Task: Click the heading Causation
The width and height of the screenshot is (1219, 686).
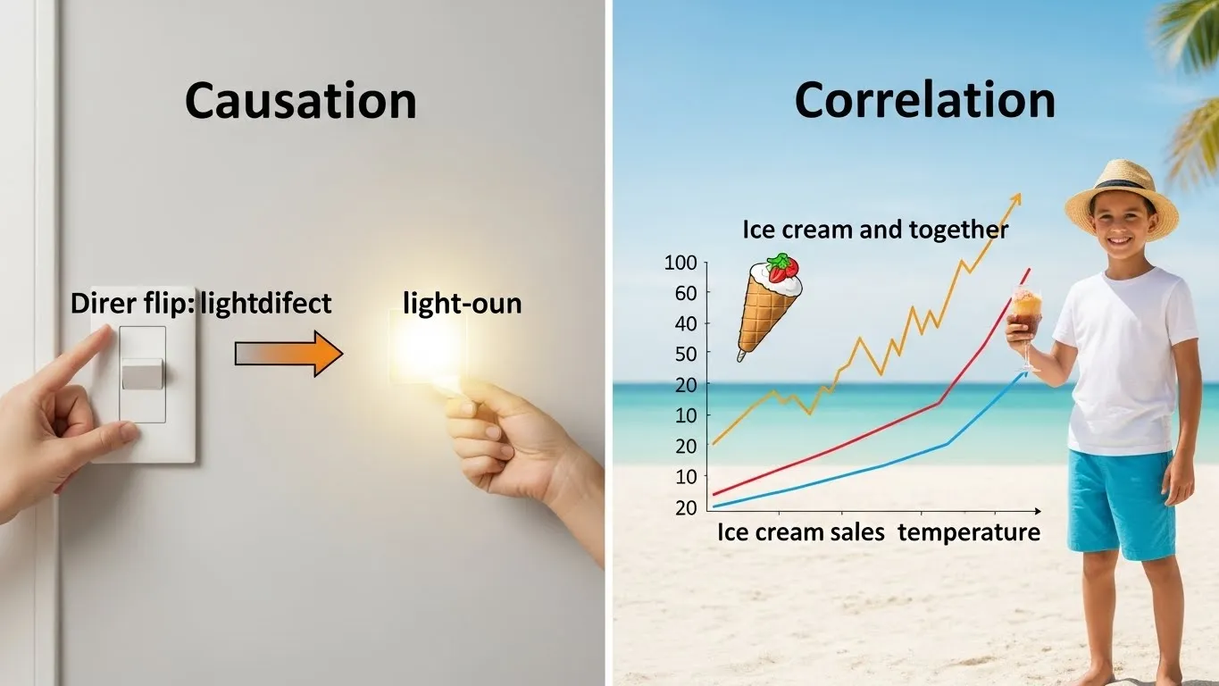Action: point(300,101)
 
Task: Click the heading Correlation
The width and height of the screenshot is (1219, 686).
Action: point(924,100)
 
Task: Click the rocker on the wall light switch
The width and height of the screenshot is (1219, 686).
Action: point(143,374)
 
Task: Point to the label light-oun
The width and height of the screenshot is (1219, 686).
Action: point(462,303)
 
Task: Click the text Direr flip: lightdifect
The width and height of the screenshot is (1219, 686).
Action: point(201,303)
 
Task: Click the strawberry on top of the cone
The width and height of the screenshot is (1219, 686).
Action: point(783,267)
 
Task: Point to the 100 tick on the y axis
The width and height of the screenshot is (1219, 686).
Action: point(680,264)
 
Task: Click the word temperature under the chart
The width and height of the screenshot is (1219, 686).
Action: point(969,532)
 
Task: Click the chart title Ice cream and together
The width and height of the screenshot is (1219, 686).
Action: point(875,230)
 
